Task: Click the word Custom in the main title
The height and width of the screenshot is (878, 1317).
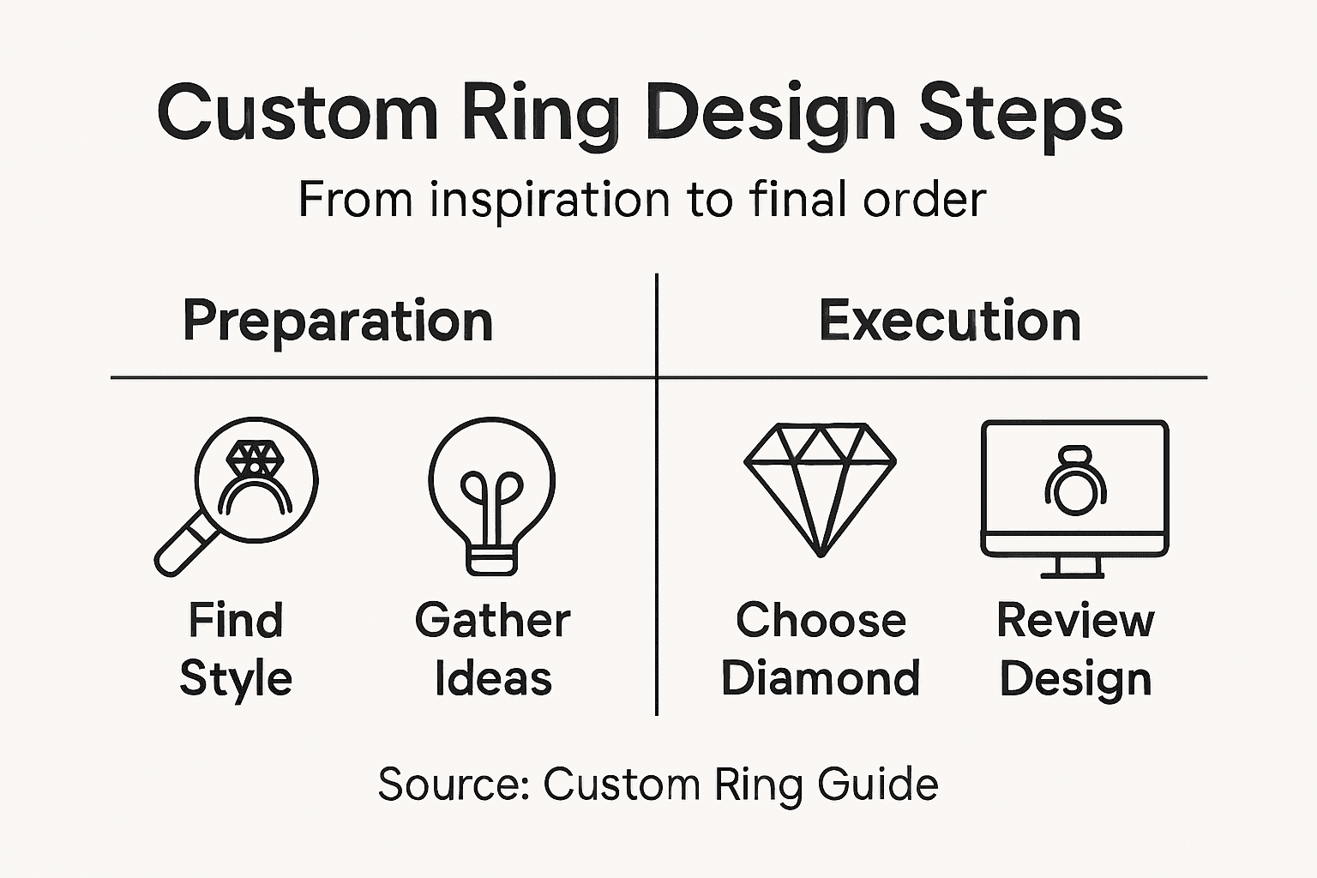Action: point(297,113)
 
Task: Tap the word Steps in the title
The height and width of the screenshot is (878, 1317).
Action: point(1020,115)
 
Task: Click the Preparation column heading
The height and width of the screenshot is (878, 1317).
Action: point(338,322)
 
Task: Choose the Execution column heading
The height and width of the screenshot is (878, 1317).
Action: point(949,322)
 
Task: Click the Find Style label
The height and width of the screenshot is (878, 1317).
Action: point(236,649)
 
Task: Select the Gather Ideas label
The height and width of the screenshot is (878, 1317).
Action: point(492,649)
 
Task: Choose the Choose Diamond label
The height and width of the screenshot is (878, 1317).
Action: point(821,649)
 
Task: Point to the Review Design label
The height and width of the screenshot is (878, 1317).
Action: point(1075,649)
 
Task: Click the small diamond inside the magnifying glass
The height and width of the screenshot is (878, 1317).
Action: point(254,457)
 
